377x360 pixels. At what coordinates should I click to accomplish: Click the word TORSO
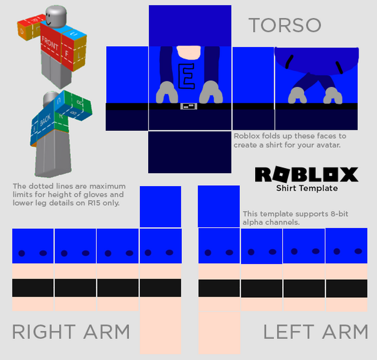point(285,25)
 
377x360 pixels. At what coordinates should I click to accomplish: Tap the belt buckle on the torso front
point(189,106)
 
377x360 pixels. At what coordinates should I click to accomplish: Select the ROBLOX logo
point(307,174)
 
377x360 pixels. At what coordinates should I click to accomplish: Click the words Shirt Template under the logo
point(307,188)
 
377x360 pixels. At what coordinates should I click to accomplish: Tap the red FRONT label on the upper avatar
point(53,40)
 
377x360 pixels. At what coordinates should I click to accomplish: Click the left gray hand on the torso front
point(166,92)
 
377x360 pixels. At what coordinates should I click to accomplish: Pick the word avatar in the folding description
point(327,145)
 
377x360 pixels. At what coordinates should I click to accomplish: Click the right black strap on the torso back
point(339,66)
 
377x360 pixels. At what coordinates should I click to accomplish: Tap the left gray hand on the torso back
point(298,94)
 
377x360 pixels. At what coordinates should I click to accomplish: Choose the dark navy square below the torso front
point(190,152)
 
